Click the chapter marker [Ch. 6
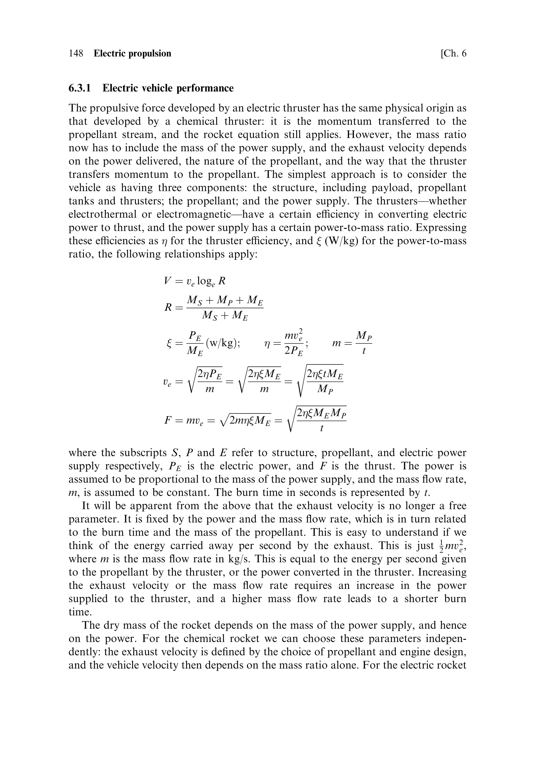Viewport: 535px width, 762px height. pos(453,53)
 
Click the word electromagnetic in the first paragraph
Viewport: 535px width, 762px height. pos(193,214)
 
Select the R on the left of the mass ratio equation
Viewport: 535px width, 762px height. pos(168,308)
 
